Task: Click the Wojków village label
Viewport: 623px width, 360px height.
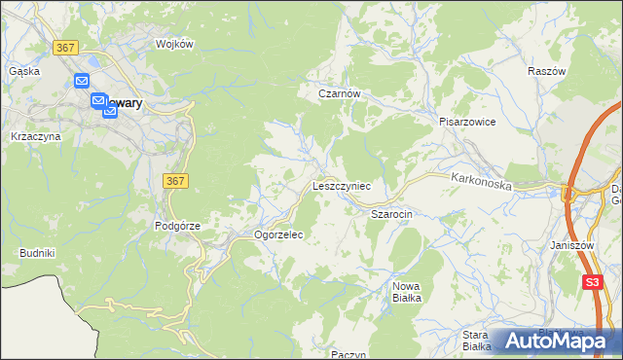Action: coord(176,44)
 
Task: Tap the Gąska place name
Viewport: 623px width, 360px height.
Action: coord(23,71)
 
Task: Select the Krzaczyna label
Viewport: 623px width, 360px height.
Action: coord(35,137)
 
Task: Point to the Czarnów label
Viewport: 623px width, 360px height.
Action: coord(341,94)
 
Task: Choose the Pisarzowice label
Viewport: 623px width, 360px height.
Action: coord(467,123)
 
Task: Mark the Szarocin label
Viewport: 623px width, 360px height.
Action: coord(393,212)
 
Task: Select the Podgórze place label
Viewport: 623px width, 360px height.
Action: coord(177,226)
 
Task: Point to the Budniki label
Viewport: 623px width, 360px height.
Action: coord(37,253)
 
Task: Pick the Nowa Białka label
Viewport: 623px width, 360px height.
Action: coord(406,292)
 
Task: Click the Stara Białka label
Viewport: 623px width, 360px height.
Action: coord(476,340)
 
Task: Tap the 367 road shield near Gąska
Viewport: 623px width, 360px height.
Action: coord(66,48)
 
